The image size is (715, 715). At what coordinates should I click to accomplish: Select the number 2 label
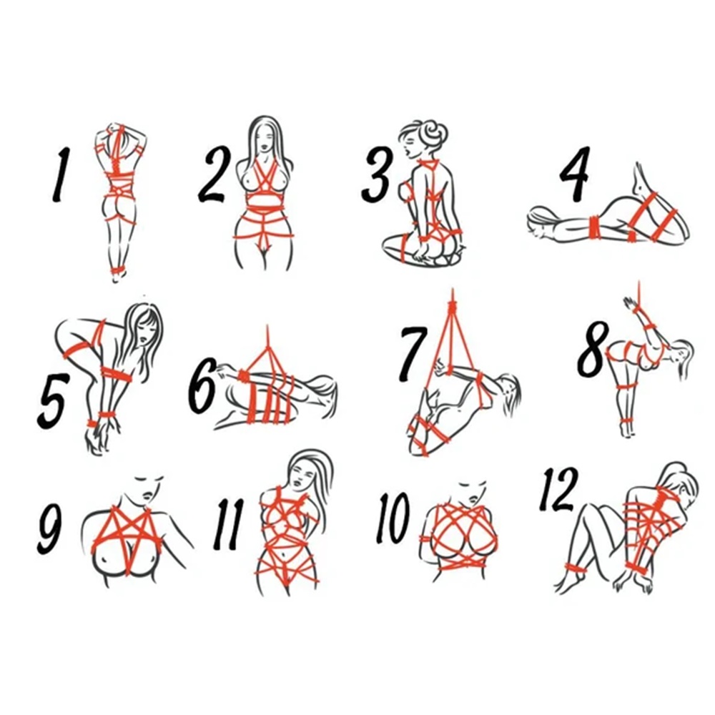(214, 175)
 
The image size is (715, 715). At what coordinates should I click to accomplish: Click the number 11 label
(228, 525)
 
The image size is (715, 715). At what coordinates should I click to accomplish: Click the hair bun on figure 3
(434, 132)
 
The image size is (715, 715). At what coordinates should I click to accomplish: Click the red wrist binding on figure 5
(104, 417)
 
